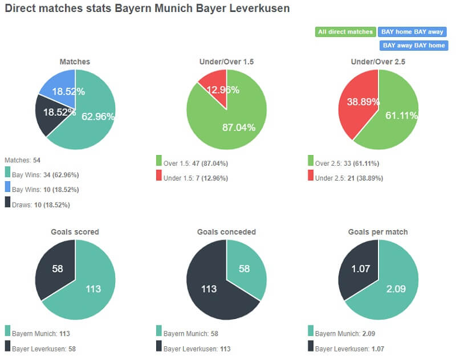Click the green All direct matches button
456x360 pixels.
click(345, 32)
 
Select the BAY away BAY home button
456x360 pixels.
click(414, 45)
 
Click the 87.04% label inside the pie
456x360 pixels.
click(238, 128)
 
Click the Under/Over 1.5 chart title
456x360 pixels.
click(226, 62)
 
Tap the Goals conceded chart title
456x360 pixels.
click(226, 232)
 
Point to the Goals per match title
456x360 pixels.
click(378, 232)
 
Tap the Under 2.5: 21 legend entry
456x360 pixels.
click(347, 178)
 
